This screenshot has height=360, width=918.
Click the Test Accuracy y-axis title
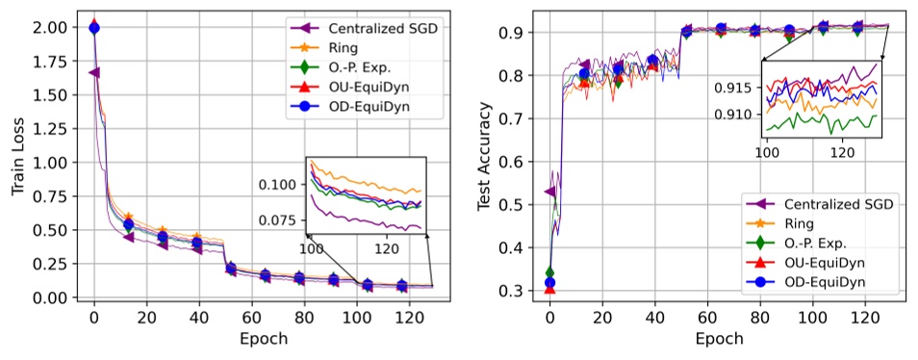pyautogui.click(x=486, y=156)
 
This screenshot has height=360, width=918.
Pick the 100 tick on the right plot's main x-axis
pyautogui.click(x=812, y=317)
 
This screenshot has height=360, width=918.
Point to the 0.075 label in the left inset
pyautogui.click(x=279, y=221)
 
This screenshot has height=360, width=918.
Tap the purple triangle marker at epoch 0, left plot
pyautogui.click(x=93, y=72)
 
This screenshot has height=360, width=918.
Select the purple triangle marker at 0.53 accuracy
pyautogui.click(x=549, y=192)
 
